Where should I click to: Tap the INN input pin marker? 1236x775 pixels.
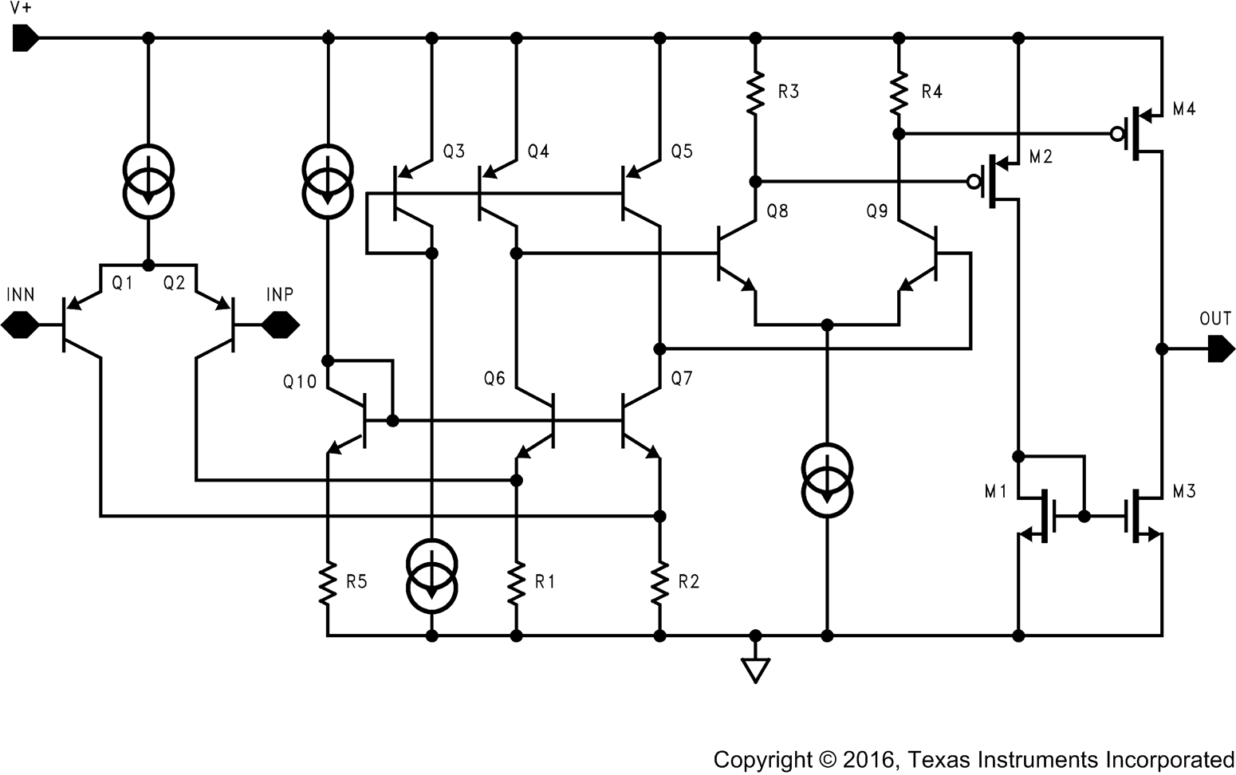pyautogui.click(x=20, y=325)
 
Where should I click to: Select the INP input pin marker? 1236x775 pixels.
pyautogui.click(x=281, y=325)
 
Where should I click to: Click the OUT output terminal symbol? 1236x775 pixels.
pyautogui.click(x=1221, y=348)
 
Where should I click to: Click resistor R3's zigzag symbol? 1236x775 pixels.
pyautogui.click(x=755, y=92)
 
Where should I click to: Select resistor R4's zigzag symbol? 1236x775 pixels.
pyautogui.click(x=899, y=92)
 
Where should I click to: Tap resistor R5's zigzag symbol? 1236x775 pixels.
pyautogui.click(x=327, y=583)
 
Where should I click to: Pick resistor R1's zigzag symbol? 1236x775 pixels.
pyautogui.click(x=516, y=583)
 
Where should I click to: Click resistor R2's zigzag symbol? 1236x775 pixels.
pyautogui.click(x=659, y=583)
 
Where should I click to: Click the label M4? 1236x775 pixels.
pyautogui.click(x=1184, y=109)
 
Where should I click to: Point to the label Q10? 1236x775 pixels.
pyautogui.click(x=300, y=382)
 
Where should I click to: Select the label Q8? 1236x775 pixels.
pyautogui.click(x=777, y=211)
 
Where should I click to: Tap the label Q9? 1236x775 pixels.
pyautogui.click(x=877, y=211)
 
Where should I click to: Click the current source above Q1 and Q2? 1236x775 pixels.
pyautogui.click(x=148, y=181)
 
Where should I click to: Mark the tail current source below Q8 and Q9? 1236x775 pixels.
pyautogui.click(x=827, y=478)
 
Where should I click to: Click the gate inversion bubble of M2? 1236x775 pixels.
pyautogui.click(x=973, y=182)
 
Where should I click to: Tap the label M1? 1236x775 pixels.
pyautogui.click(x=996, y=492)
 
